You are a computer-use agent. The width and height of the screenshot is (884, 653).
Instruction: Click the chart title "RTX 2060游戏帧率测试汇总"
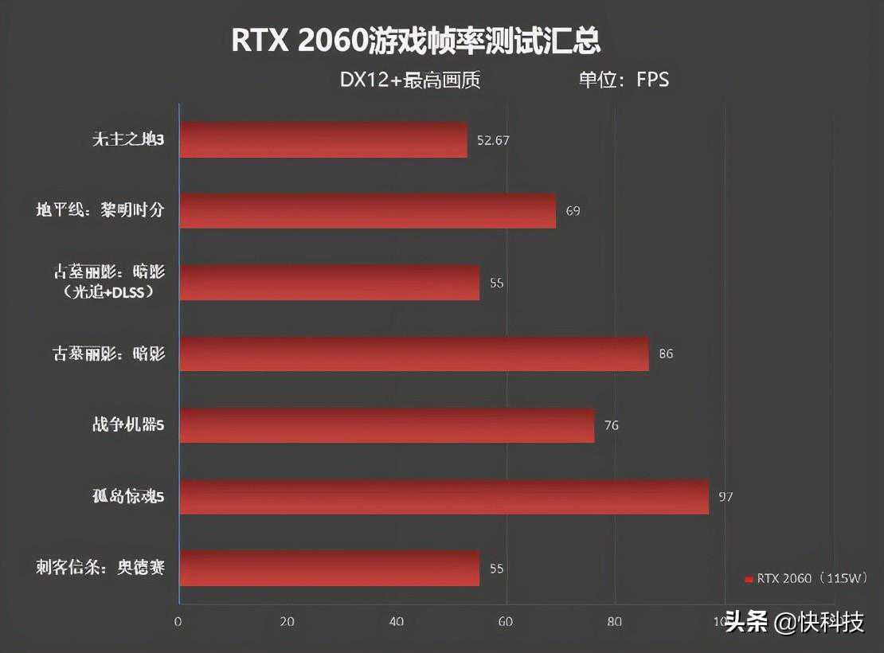click(415, 41)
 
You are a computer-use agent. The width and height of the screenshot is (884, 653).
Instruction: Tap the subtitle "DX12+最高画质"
click(410, 80)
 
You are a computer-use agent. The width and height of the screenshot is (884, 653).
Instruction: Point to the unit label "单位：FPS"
click(624, 80)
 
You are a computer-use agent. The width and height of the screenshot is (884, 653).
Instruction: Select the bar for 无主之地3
click(323, 140)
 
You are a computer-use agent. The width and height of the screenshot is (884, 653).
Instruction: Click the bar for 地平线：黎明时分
click(367, 211)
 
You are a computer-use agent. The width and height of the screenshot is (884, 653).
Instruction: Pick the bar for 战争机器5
click(386, 425)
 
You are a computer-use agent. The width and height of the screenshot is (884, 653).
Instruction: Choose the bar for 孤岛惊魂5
click(444, 497)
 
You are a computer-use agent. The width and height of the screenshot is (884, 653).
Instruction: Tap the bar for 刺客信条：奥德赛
click(329, 569)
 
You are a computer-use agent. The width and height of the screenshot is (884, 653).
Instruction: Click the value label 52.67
click(493, 140)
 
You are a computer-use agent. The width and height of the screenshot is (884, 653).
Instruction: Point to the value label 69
click(573, 211)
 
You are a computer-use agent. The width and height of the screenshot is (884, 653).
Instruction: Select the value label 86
click(666, 354)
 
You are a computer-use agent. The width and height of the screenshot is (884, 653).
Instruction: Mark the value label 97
click(726, 497)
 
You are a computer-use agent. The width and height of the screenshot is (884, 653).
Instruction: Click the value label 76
click(611, 425)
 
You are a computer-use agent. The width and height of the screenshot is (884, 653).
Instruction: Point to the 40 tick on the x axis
click(397, 622)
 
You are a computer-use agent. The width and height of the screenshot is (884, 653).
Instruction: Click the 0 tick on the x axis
click(178, 622)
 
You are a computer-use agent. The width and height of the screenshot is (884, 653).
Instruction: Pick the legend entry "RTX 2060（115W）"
click(805, 579)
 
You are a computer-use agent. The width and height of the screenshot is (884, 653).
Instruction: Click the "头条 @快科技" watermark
click(795, 622)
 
